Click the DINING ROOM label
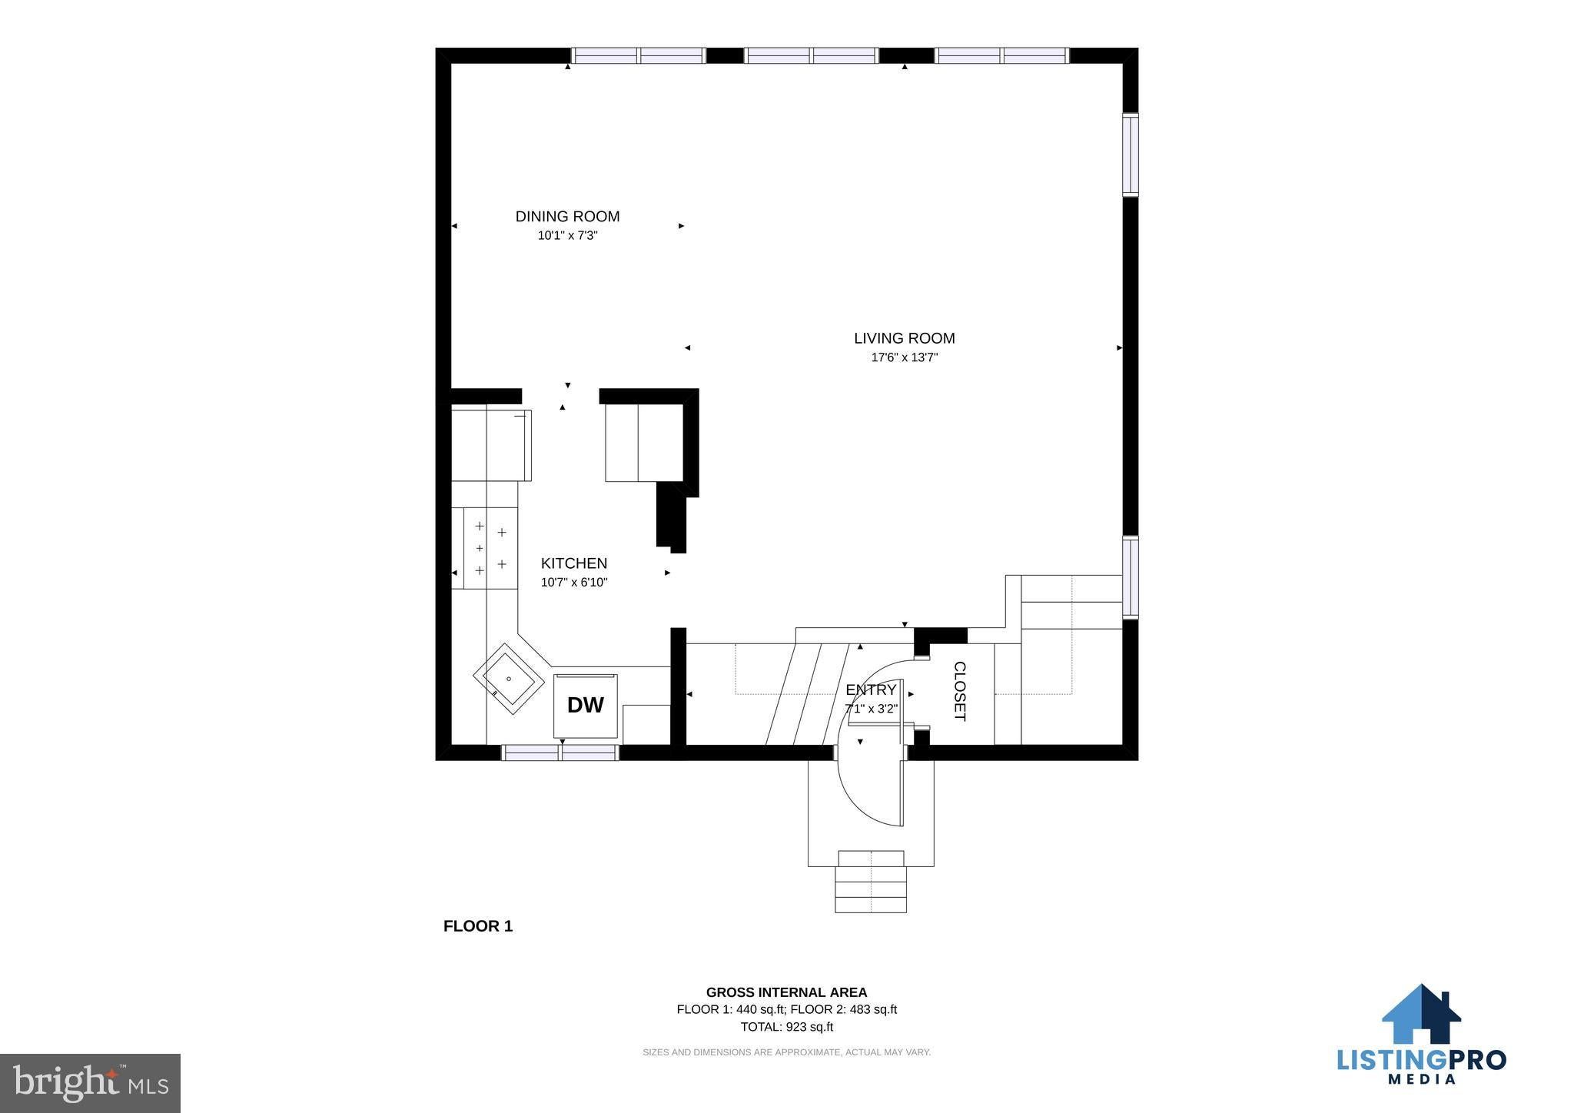click(567, 217)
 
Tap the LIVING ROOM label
click(905, 338)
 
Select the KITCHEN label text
click(574, 563)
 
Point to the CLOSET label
click(959, 691)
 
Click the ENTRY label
click(871, 689)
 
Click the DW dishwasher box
click(586, 706)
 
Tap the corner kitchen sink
click(509, 679)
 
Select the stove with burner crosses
click(490, 549)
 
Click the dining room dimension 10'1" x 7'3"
click(567, 236)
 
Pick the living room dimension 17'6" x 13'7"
click(905, 357)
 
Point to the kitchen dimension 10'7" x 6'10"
click(574, 583)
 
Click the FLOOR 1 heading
click(478, 926)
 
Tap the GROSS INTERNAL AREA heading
click(786, 992)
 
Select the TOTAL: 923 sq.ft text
click(786, 1027)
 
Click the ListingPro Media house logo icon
click(1421, 1015)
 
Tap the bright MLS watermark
click(91, 1083)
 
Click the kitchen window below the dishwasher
click(560, 753)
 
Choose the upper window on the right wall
click(1130, 154)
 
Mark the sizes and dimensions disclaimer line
click(786, 1052)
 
